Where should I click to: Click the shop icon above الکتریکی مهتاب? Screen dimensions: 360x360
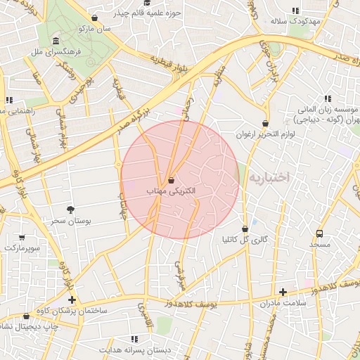click(x=172, y=179)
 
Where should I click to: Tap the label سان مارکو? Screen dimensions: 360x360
click(x=95, y=29)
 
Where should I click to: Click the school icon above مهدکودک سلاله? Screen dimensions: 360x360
click(x=295, y=11)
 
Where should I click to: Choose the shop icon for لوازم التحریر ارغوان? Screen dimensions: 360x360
click(x=264, y=123)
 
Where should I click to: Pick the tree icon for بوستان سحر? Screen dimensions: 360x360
click(x=70, y=210)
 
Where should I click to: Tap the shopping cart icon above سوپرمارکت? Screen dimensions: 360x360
click(x=22, y=238)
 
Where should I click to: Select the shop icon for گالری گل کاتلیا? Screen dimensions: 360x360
click(x=245, y=229)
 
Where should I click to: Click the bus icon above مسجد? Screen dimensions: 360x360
click(x=320, y=233)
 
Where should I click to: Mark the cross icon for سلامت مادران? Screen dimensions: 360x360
click(x=283, y=292)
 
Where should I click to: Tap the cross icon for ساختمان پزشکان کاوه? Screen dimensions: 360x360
click(x=71, y=300)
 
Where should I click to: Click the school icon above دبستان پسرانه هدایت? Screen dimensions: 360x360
click(x=134, y=339)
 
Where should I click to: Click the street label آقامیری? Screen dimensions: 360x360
click(x=143, y=312)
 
